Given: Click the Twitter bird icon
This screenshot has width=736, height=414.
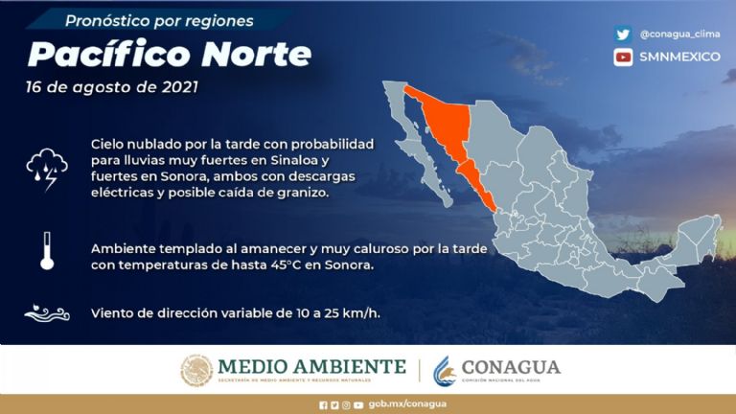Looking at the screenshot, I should pyautogui.click(x=624, y=34).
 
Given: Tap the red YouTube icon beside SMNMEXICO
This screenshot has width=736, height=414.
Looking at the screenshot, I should pyautogui.click(x=624, y=57).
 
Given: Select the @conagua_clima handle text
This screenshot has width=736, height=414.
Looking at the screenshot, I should pyautogui.click(x=679, y=34).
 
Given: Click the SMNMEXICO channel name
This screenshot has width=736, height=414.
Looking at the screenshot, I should pyautogui.click(x=679, y=57).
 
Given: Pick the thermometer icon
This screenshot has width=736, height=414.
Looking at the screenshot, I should pyautogui.click(x=46, y=251).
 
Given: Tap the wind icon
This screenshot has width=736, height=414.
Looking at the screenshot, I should pyautogui.click(x=46, y=312).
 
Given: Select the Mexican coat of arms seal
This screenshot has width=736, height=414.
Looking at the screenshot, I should pyautogui.click(x=196, y=370).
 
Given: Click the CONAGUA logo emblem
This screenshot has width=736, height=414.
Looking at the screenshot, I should pyautogui.click(x=445, y=370).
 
